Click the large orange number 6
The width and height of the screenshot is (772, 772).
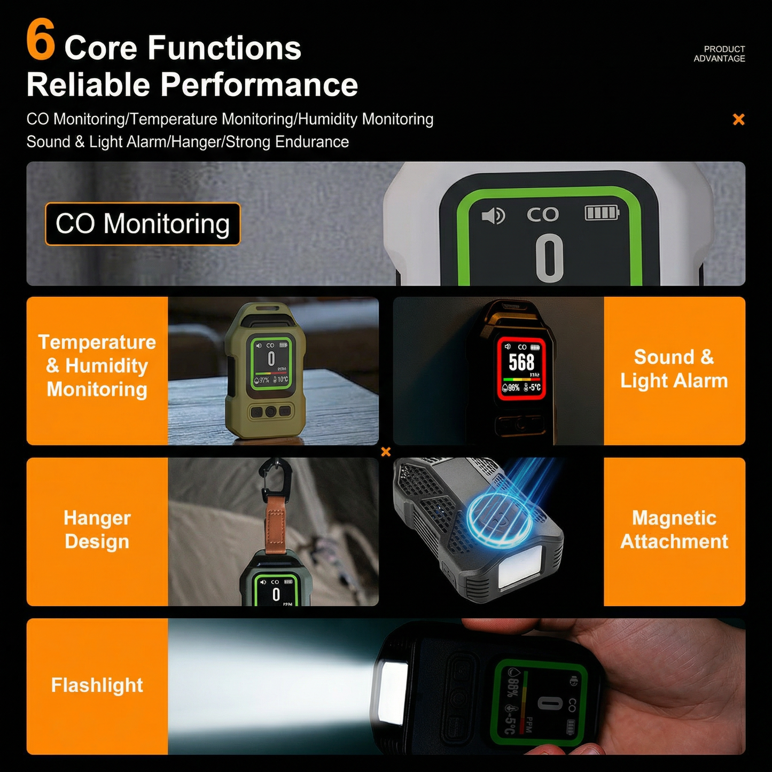(x=41, y=40)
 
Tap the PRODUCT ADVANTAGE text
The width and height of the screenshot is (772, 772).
(x=719, y=53)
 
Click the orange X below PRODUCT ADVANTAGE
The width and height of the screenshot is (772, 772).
(x=738, y=119)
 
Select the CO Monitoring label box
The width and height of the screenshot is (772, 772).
(x=143, y=224)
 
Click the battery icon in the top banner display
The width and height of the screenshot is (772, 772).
(x=602, y=213)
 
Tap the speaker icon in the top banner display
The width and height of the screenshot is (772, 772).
(x=493, y=215)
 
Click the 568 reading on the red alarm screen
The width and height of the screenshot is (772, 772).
(x=521, y=363)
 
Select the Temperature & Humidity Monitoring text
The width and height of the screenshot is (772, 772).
(x=97, y=365)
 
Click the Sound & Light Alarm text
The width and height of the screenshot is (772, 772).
(x=674, y=369)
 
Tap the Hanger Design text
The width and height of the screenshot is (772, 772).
(x=97, y=529)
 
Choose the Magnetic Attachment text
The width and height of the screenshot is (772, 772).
(x=674, y=529)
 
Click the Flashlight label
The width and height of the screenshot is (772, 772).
(x=97, y=685)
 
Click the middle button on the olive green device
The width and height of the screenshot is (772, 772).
(x=271, y=411)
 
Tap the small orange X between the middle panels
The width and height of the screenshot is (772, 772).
(x=386, y=452)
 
